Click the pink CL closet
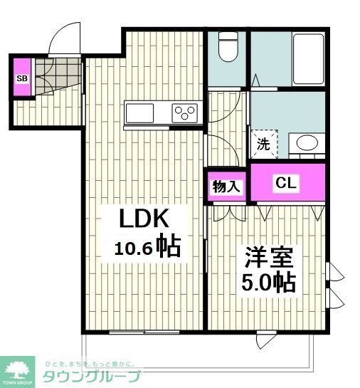[x=287, y=183]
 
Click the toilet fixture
[x=228, y=48]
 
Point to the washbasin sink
[x=308, y=142]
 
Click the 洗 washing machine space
[x=263, y=145]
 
